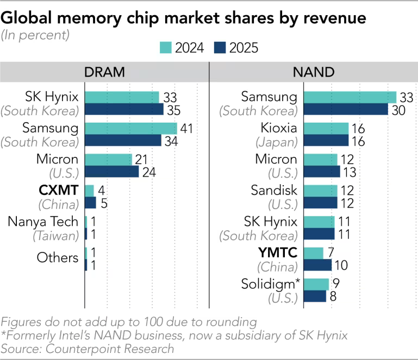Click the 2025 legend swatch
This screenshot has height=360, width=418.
220,47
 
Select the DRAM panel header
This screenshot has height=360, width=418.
104,72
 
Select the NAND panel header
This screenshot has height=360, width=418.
314,72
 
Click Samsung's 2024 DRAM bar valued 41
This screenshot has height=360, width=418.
131,128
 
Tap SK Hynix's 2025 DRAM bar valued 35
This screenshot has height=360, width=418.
124,109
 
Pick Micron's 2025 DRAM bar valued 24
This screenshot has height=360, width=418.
111,172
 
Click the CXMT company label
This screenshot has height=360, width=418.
59,191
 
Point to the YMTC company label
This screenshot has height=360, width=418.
277,253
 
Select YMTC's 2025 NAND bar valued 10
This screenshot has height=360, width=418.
317,265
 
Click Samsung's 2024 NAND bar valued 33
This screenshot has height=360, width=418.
350,97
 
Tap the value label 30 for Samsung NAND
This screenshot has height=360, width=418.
398,109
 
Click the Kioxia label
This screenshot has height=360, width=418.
278,129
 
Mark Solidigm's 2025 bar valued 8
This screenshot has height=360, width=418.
314,296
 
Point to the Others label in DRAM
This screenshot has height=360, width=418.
58,257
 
